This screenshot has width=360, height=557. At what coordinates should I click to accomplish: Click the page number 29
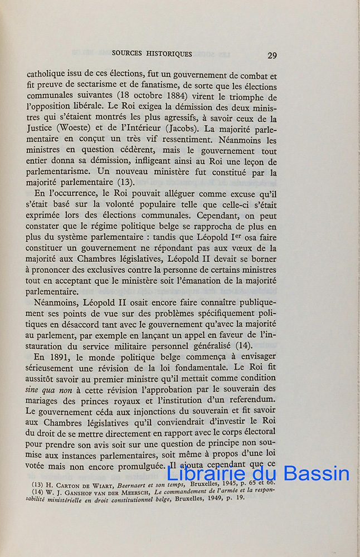coord(272,55)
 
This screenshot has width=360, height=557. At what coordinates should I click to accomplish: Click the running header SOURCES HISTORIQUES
coord(152,54)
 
